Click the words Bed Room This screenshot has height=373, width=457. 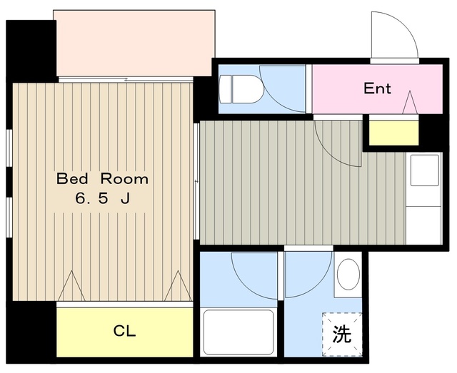click(102, 178)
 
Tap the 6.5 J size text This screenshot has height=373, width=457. click(102, 199)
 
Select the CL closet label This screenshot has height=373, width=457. click(125, 332)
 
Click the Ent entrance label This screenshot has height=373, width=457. click(377, 88)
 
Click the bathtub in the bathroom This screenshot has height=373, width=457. click(239, 331)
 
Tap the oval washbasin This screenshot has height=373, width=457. click(348, 275)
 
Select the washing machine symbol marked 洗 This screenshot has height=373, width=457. click(342, 334)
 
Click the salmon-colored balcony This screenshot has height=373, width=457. click(134, 43)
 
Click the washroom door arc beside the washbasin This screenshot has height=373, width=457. click(307, 275)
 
